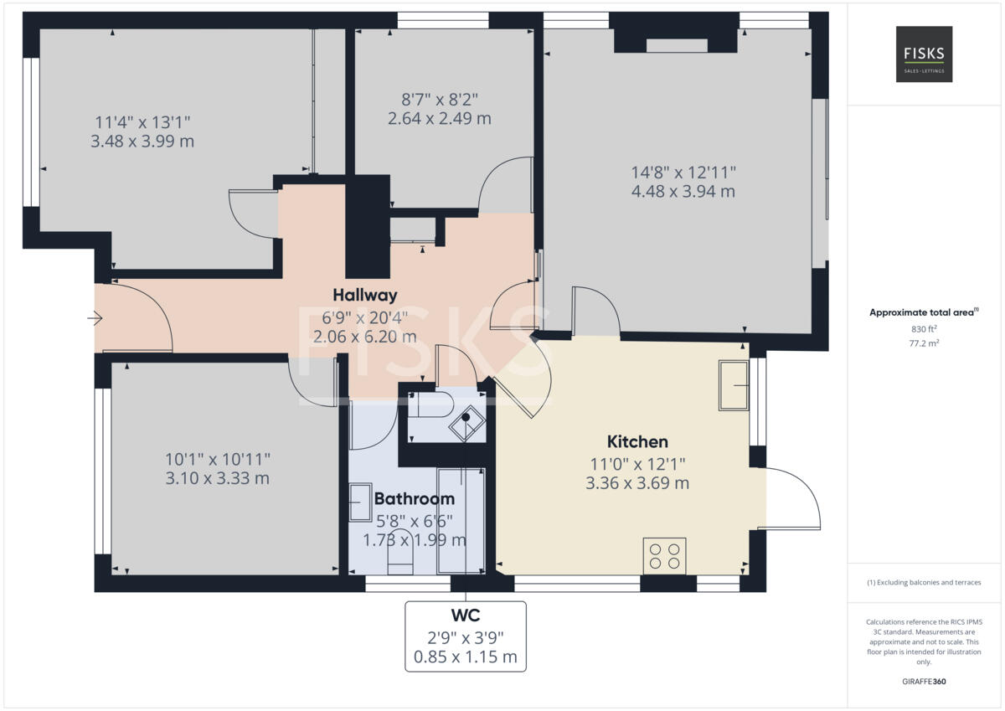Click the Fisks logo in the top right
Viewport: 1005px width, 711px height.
click(924, 54)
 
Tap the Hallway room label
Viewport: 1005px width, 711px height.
click(364, 295)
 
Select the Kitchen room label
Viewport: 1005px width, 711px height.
click(637, 441)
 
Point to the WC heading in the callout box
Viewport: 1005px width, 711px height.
click(465, 616)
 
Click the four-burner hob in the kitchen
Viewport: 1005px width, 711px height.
click(664, 556)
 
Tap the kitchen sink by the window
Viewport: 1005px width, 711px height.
click(734, 385)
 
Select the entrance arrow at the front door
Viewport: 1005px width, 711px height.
click(95, 318)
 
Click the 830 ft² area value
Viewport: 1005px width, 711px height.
click(923, 329)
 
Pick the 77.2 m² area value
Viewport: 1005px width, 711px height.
click(923, 343)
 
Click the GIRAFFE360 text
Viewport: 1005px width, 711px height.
click(923, 682)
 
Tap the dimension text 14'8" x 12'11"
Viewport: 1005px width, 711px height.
click(683, 173)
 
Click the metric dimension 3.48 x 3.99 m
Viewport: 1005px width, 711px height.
click(142, 142)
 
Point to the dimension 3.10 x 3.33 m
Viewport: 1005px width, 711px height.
click(217, 479)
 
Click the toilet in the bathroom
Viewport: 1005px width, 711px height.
click(399, 553)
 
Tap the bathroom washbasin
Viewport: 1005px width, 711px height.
click(360, 502)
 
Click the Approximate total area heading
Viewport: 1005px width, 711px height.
click(923, 312)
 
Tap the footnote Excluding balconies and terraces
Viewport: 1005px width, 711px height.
click(923, 583)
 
